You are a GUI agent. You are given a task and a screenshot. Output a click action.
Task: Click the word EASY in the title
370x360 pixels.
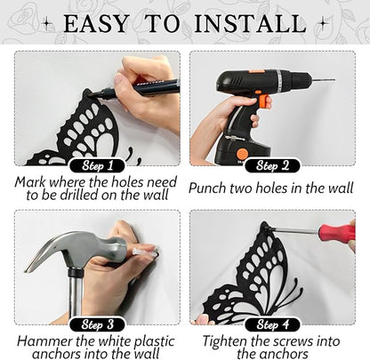pos(96,23)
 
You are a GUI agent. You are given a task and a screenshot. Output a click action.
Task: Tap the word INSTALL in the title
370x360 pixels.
pos(251,23)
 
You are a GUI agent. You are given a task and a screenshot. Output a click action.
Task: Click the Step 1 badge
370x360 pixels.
pos(98,166)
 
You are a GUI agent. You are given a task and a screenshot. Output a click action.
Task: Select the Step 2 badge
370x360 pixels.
pos(272,166)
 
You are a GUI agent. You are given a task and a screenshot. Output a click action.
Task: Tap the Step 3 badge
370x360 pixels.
pos(98,324)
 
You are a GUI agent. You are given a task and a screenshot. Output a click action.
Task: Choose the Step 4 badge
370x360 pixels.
pos(272,324)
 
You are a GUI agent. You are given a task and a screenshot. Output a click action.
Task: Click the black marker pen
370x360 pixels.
pos(135,88)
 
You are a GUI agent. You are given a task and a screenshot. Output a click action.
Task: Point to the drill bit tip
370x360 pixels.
pos(334,79)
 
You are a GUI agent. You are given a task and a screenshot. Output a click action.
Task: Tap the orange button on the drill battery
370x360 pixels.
pos(243,154)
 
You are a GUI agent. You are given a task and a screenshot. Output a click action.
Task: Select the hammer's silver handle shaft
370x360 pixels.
pos(76,296)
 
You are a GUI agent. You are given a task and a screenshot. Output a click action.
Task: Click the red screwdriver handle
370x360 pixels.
pos(337,233)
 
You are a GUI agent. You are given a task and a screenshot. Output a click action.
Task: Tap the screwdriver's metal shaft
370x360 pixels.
pos(294,229)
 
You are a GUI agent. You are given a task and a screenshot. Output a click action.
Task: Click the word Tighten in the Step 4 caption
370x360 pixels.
pos(224,341)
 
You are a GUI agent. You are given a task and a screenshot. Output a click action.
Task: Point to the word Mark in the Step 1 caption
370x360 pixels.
pos(29,182)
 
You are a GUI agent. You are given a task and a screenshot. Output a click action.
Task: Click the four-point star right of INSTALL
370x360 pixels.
pos(323,23)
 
